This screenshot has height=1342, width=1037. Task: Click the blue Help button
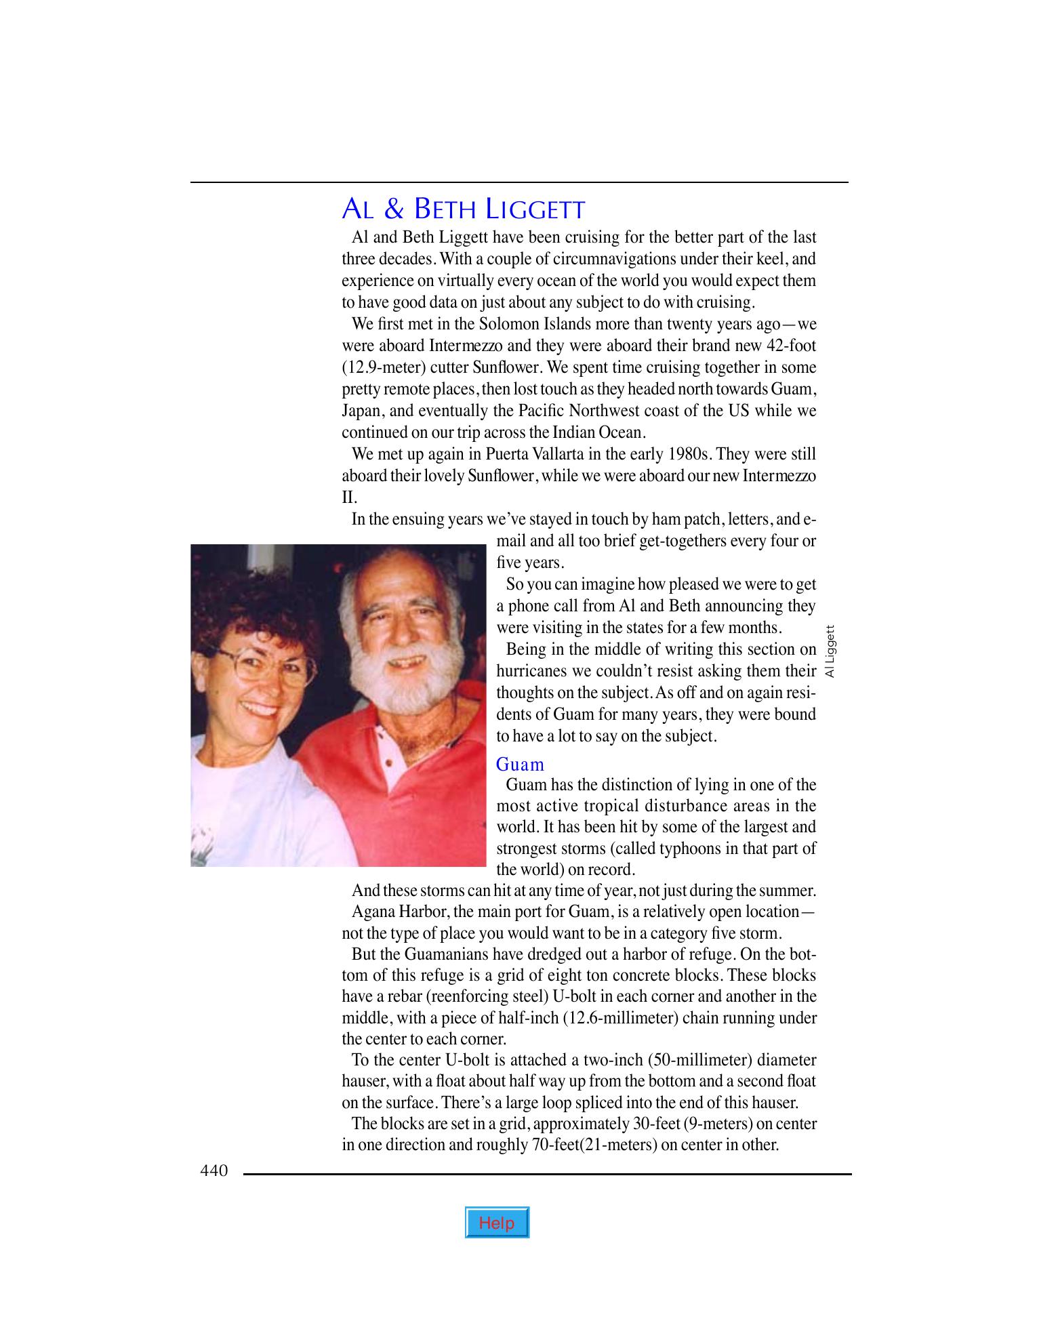(497, 1223)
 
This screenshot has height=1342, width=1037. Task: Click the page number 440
(214, 1171)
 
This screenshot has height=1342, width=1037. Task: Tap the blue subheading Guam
(520, 765)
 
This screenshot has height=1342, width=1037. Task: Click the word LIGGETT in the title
(535, 209)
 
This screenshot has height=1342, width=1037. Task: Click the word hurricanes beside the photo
(535, 671)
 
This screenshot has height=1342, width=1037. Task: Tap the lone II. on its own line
(348, 497)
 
